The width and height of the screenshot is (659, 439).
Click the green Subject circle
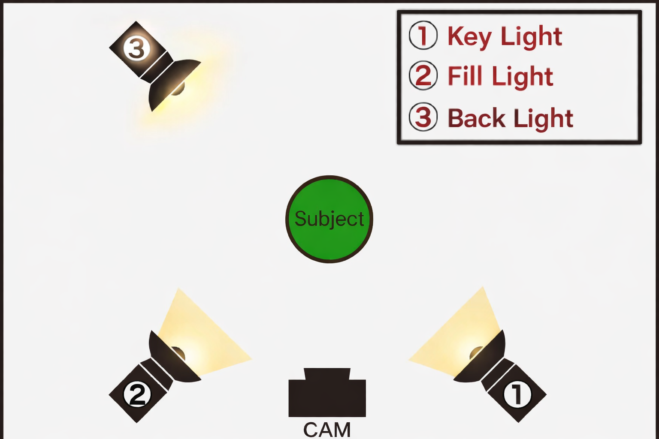pos(329,219)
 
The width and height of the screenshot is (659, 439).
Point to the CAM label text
pos(327,429)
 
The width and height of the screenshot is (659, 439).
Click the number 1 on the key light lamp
pos(517,394)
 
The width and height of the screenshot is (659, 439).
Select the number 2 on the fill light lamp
pos(137,394)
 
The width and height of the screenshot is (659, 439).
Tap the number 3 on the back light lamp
pos(137,48)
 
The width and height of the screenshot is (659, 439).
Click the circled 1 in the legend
pos(423,36)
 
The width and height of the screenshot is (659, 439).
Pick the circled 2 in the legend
pos(423,76)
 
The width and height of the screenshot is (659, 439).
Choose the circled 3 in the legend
pos(423,117)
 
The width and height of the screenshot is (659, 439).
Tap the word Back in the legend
pos(476,118)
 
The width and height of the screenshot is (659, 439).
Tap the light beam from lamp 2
pos(202,334)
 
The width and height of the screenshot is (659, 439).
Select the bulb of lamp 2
pos(178,354)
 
